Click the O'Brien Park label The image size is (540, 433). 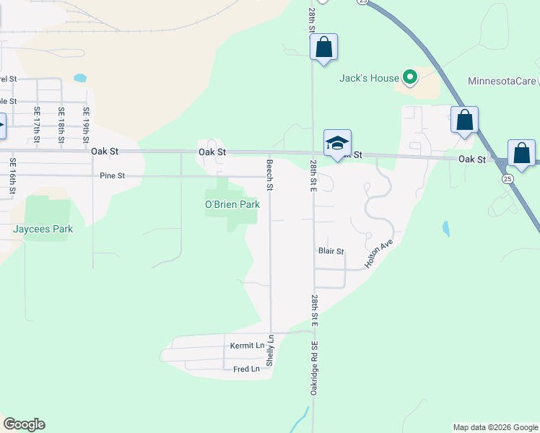pos(232,205)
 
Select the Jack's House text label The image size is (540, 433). pos(369,78)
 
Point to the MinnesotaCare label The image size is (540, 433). pos(503,80)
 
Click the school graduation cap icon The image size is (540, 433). pos(337,142)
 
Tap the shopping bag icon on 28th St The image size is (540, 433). pos(324,48)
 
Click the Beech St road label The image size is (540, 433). pos(270,175)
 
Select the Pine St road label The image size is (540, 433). pos(113,175)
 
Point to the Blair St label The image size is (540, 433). pos(331,251)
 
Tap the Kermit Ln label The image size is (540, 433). pos(247,346)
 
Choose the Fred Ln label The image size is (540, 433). pos(246,369)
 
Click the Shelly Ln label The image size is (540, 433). pos(271,349)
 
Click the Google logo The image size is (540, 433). pos(24,424)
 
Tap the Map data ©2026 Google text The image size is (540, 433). pos(495,427)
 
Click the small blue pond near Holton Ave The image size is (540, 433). pos(445,229)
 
